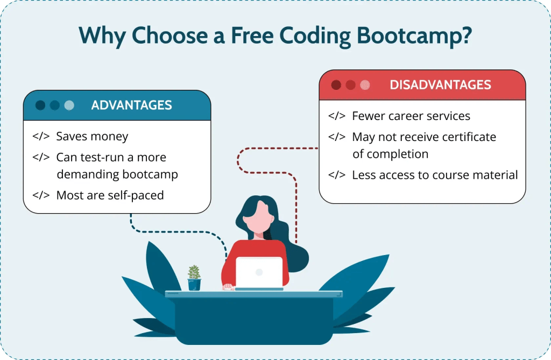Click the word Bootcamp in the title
(x=414, y=36)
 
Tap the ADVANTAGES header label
(x=131, y=105)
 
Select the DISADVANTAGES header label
(x=440, y=84)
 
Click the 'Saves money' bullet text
(x=92, y=136)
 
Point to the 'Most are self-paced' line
(x=110, y=195)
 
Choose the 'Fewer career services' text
(x=411, y=116)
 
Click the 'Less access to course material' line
(x=435, y=175)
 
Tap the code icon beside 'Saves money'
(x=41, y=136)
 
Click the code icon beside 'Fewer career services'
(x=337, y=116)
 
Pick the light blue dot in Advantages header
(x=69, y=105)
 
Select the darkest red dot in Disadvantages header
(x=336, y=84)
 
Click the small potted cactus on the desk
(x=194, y=278)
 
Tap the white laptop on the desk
(x=259, y=273)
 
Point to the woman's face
(x=258, y=217)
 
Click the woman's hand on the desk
(x=229, y=287)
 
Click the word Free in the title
(x=252, y=36)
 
